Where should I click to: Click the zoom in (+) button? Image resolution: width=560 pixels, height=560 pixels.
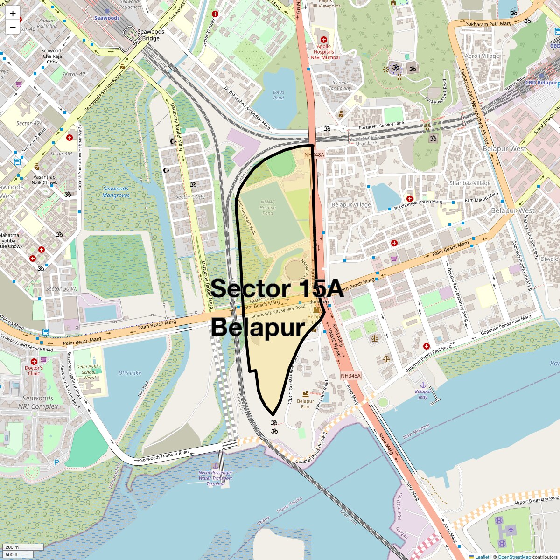[x=13, y=14]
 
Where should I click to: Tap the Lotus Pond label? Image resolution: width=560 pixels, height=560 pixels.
[x=279, y=95]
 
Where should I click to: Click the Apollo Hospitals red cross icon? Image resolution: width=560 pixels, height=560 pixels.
[x=324, y=40]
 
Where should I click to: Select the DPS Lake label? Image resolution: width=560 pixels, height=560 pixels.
[x=130, y=373]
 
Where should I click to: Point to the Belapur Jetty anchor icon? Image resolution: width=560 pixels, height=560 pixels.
[x=423, y=385]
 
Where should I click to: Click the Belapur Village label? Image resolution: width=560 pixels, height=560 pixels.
[x=351, y=204]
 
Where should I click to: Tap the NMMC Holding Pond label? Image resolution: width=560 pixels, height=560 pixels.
[x=267, y=208]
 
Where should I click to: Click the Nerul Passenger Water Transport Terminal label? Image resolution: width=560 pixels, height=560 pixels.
[x=215, y=478]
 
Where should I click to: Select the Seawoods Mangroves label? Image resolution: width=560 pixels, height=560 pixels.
[x=116, y=192]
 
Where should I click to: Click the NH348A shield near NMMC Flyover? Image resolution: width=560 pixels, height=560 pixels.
[x=350, y=376]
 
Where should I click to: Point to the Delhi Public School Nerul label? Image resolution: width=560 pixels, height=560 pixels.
[x=89, y=372]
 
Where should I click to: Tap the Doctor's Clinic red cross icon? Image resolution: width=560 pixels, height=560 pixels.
[x=34, y=362]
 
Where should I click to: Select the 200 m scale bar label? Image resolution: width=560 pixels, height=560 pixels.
[x=13, y=547]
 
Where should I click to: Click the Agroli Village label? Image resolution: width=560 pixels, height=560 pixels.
[x=482, y=56]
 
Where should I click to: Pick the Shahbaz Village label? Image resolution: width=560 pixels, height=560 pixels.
[x=469, y=183]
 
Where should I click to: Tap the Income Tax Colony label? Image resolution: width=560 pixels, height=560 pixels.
[x=340, y=85]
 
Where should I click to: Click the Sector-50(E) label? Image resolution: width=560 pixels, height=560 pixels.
[x=190, y=196]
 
